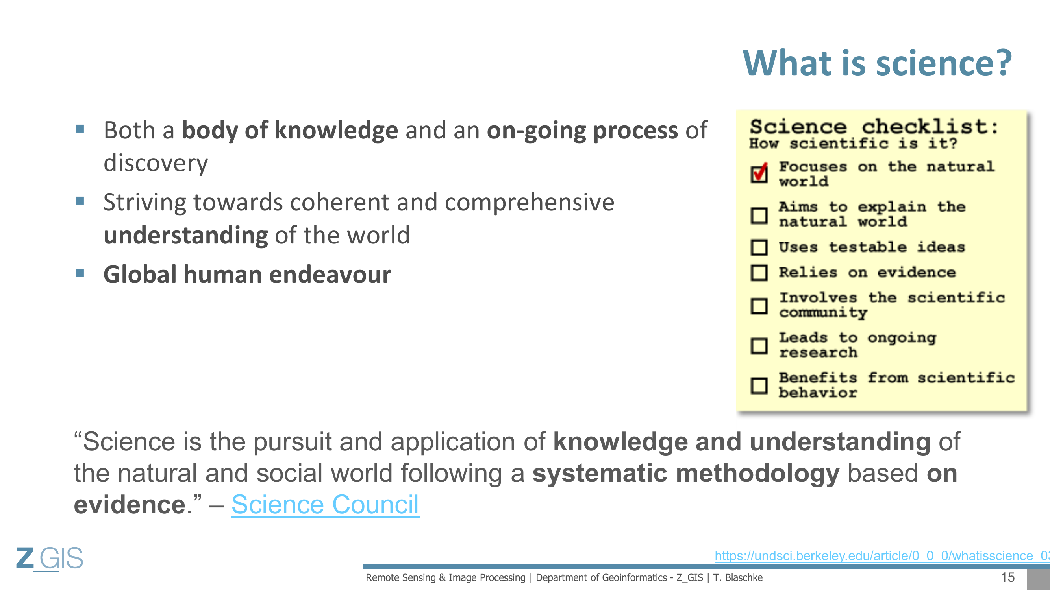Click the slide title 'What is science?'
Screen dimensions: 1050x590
(x=878, y=63)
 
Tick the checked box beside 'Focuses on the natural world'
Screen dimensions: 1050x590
(x=759, y=174)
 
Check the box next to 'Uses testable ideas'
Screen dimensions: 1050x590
(x=759, y=247)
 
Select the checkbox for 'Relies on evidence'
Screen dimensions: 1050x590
(x=759, y=273)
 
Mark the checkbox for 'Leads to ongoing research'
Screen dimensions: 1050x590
(x=759, y=346)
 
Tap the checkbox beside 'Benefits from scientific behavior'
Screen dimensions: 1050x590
(x=759, y=385)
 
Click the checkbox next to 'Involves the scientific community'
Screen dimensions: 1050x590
(x=759, y=306)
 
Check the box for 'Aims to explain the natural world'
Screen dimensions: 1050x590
(x=759, y=216)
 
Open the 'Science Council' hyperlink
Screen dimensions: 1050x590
(x=325, y=505)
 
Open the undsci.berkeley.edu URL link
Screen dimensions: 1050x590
(x=882, y=555)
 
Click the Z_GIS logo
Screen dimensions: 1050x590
(x=49, y=558)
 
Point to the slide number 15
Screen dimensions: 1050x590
(x=1007, y=577)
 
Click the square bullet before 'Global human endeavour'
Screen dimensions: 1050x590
(x=80, y=273)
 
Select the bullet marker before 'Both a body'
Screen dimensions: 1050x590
(x=80, y=129)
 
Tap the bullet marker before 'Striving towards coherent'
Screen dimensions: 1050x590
(x=80, y=201)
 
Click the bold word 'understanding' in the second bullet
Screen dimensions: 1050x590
(x=186, y=235)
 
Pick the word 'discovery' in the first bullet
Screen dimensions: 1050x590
(x=156, y=163)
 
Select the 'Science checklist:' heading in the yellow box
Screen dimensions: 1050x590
(x=874, y=127)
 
